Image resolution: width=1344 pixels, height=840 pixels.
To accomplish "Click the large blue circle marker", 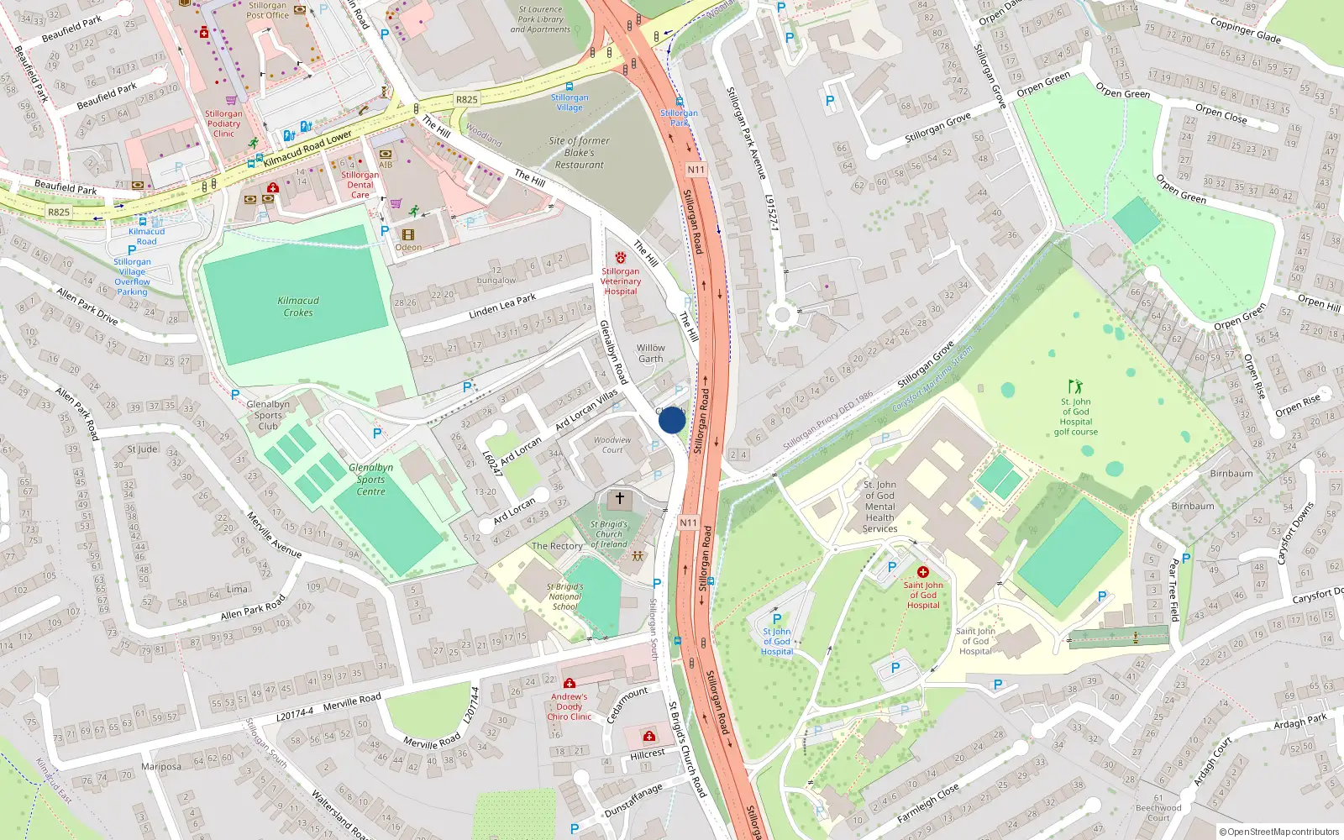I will click(x=672, y=420).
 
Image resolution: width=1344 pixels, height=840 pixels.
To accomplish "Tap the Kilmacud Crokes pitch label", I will click(x=298, y=307).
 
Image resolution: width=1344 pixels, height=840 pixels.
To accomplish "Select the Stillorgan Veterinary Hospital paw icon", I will click(x=621, y=258).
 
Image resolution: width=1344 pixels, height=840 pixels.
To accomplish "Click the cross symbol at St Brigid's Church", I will click(x=620, y=499).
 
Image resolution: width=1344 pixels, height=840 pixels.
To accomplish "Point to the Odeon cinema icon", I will click(x=408, y=235).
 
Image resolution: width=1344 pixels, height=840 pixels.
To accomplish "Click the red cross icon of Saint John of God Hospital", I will click(x=922, y=572).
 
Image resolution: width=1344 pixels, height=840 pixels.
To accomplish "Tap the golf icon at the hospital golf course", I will click(x=1075, y=387).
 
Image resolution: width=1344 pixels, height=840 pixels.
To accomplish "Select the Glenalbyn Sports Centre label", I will click(x=370, y=480).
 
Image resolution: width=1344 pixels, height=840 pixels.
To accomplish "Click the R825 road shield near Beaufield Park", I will click(x=59, y=213).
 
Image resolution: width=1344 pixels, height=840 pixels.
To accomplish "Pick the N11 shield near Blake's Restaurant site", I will click(x=696, y=170).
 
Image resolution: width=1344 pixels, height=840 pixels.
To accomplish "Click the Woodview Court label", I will click(x=612, y=444).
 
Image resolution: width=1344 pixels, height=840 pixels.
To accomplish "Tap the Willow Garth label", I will click(x=650, y=353).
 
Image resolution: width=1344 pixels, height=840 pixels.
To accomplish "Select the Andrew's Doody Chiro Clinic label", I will click(x=570, y=706).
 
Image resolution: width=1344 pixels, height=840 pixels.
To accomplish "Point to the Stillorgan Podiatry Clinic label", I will click(x=223, y=123).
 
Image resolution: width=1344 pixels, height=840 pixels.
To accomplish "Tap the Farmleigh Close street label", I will click(x=927, y=804).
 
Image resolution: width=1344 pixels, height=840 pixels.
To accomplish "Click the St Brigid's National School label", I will click(x=564, y=596).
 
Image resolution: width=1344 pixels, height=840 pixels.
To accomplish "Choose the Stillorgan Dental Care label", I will click(x=360, y=185).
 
